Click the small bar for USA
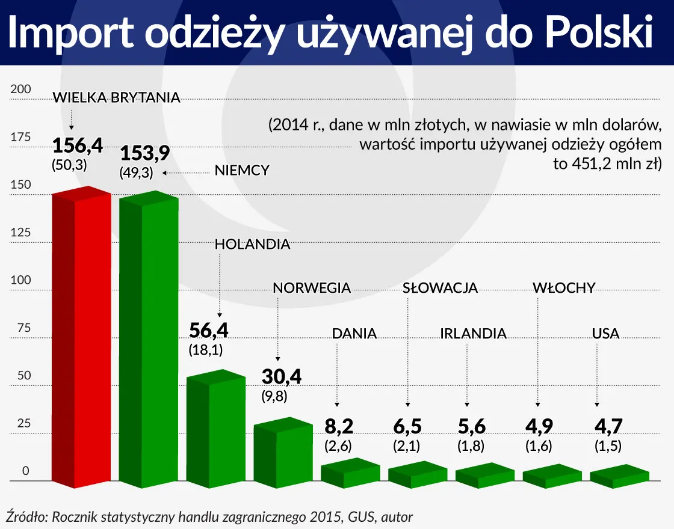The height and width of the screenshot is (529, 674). pos(620,474)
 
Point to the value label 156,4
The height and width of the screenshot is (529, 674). pos(77,146)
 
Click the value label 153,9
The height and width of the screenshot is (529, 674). pos(144,154)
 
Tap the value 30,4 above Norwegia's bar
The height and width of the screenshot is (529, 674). pos(281,377)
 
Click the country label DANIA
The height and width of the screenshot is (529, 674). pos(354,334)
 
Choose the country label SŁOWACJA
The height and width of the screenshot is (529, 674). pos(440,288)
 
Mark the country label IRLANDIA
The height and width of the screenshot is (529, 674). pos(473,334)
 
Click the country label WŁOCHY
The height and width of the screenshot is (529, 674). pos(564,288)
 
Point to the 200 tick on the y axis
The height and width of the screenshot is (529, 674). pos(20,90)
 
